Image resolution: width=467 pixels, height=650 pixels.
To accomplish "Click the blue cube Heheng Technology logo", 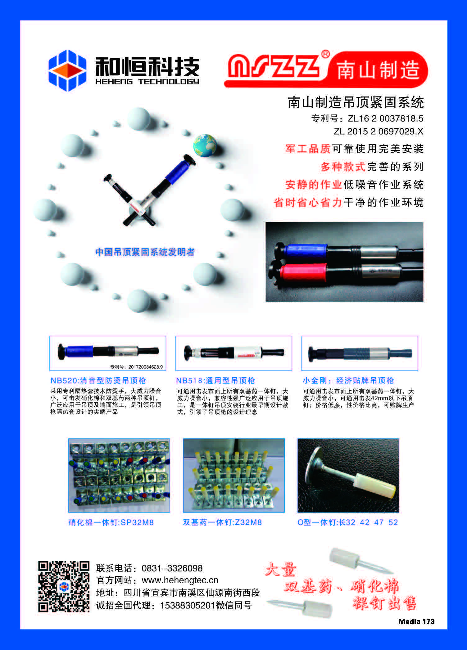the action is [x=67, y=70].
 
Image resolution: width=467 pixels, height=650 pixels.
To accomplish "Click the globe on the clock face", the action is [x=204, y=145].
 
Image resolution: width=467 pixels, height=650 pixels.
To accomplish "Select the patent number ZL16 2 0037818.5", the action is [x=385, y=118].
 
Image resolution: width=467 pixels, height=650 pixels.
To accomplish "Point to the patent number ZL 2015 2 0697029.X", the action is [x=379, y=131].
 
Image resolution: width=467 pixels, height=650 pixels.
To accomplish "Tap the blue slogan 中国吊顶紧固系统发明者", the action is [x=145, y=252].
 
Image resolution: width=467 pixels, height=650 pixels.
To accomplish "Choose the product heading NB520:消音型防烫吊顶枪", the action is [x=98, y=380].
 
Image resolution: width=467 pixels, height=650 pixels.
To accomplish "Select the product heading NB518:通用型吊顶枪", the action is [x=215, y=380].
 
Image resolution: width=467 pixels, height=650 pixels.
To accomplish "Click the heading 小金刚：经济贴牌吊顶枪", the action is [x=348, y=380].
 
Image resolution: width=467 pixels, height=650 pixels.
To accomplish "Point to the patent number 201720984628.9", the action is [x=146, y=367].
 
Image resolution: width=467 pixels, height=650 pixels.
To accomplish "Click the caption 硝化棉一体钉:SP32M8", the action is [x=111, y=522].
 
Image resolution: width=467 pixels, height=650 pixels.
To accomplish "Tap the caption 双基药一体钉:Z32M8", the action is [x=222, y=522].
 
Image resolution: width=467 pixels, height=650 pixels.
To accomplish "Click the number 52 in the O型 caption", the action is [x=393, y=522].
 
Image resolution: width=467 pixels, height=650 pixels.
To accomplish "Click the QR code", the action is [x=64, y=586].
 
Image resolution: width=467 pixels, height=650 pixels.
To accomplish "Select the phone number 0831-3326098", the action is [x=172, y=568].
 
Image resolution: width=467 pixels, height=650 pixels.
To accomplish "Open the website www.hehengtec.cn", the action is [x=180, y=580].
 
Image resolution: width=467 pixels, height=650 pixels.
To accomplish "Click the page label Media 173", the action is [x=416, y=621].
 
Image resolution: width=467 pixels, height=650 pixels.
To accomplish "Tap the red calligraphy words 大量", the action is [x=281, y=570].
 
